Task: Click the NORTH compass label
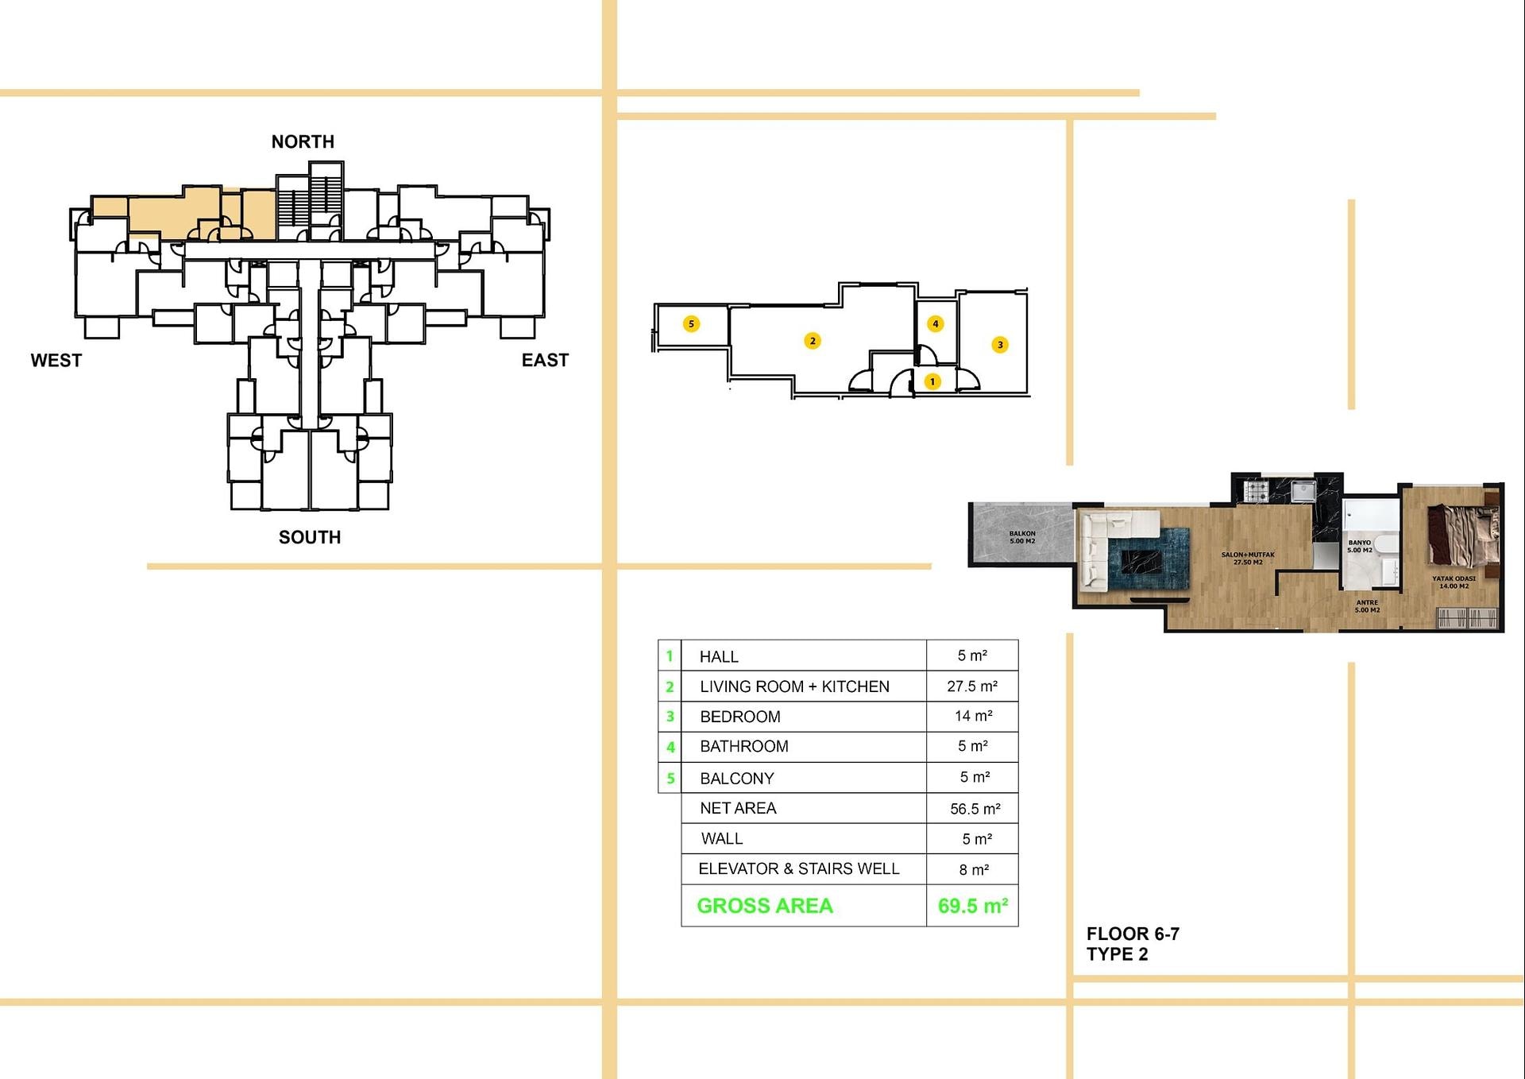303,141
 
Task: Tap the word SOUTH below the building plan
310,537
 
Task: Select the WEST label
56,360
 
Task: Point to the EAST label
545,360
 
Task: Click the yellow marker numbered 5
692,323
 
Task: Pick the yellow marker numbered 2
813,341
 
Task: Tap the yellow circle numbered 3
1000,344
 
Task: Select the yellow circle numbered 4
936,323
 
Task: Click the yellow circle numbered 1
932,381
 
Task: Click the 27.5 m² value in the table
972,686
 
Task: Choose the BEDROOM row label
740,717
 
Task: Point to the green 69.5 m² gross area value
973,906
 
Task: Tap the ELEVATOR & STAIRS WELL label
799,868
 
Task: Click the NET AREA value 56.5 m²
975,809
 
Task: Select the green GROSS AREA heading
765,906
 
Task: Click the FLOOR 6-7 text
1133,934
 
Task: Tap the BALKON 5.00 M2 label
1022,537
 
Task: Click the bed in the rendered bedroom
1463,536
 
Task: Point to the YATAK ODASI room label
1454,578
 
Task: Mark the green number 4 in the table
670,747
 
